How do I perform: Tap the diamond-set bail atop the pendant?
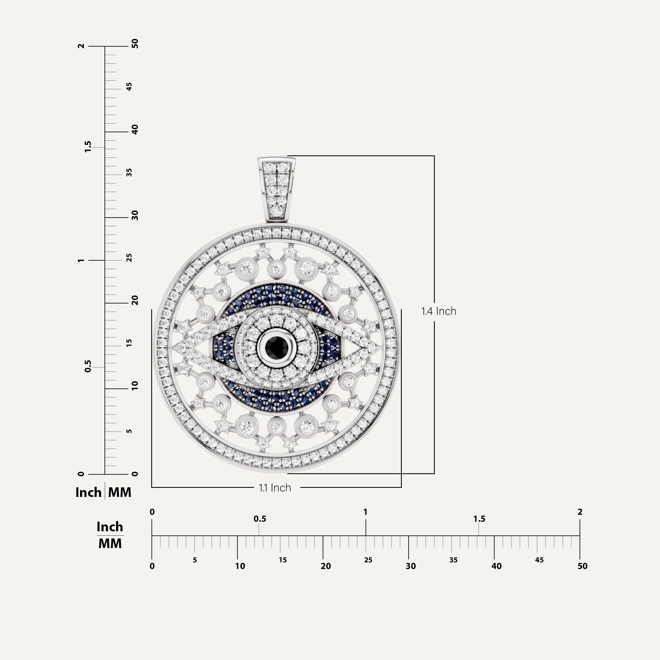pyautogui.click(x=277, y=189)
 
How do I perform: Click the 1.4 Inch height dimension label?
pyautogui.click(x=439, y=311)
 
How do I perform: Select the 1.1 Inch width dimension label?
pyautogui.click(x=275, y=488)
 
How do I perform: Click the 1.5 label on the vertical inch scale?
pyautogui.click(x=88, y=147)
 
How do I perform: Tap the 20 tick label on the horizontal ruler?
pyautogui.click(x=326, y=566)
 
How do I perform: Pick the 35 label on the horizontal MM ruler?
pyautogui.click(x=453, y=560)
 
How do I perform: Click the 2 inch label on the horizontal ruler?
pyautogui.click(x=580, y=512)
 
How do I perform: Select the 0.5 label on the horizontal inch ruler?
pyautogui.click(x=260, y=519)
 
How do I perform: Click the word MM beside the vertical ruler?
pyautogui.click(x=120, y=492)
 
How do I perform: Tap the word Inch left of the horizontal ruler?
pyautogui.click(x=110, y=527)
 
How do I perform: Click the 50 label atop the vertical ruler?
pyautogui.click(x=135, y=44)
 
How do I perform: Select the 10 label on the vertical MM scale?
pyautogui.click(x=135, y=386)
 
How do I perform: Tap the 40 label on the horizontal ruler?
pyautogui.click(x=496, y=566)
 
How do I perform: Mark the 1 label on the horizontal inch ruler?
pyautogui.click(x=365, y=512)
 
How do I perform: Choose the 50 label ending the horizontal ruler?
pyautogui.click(x=582, y=566)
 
